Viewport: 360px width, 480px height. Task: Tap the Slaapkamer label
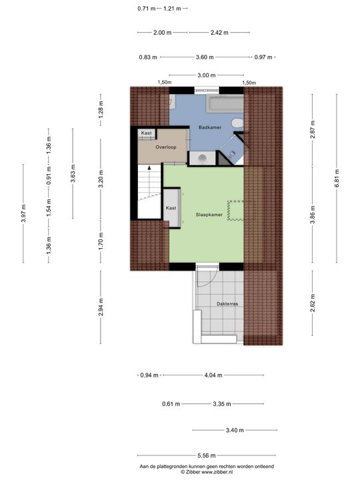tap(209, 215)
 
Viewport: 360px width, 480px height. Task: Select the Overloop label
tap(166, 147)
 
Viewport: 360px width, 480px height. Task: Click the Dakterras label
tap(227, 303)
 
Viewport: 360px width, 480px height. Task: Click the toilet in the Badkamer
tap(237, 124)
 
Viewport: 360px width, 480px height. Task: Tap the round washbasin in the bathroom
tap(201, 157)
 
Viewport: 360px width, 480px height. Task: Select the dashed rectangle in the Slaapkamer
tap(235, 209)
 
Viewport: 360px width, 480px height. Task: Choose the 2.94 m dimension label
tap(101, 307)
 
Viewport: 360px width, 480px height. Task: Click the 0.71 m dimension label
tap(146, 9)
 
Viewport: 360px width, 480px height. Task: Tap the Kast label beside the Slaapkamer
tap(171, 208)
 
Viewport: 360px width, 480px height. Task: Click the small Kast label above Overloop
tap(146, 133)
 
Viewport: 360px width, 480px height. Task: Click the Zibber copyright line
tap(206, 471)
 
